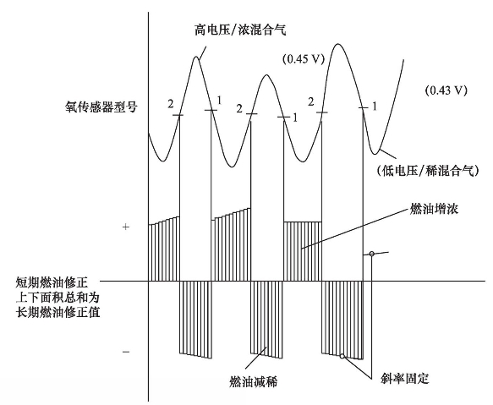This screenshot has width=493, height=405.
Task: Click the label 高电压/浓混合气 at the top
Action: [240, 30]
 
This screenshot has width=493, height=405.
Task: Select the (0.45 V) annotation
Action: [303, 59]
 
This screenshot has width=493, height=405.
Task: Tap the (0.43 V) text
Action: [446, 90]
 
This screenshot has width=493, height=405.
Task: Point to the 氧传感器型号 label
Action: [101, 107]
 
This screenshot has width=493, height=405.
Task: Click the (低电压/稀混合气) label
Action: [427, 171]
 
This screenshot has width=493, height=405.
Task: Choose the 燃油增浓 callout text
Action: [434, 209]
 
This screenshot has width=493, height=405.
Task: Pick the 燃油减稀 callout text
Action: [253, 382]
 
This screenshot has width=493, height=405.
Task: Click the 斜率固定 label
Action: [404, 378]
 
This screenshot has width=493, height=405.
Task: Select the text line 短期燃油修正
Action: [52, 282]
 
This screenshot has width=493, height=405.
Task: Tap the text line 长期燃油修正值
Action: [58, 313]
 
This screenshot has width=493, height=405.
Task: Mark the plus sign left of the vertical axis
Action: [126, 227]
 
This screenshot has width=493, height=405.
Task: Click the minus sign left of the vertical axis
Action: [126, 352]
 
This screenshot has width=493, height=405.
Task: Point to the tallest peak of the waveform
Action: [338, 44]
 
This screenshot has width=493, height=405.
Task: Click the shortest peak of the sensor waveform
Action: [266, 75]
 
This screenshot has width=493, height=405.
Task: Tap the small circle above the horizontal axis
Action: [371, 254]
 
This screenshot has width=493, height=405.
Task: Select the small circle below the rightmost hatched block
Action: [342, 356]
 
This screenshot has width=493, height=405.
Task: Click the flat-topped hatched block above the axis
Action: [303, 251]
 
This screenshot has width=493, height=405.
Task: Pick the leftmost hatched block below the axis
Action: [195, 319]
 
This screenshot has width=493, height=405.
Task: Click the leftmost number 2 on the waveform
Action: [171, 104]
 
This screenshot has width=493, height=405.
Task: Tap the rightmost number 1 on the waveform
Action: [374, 107]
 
